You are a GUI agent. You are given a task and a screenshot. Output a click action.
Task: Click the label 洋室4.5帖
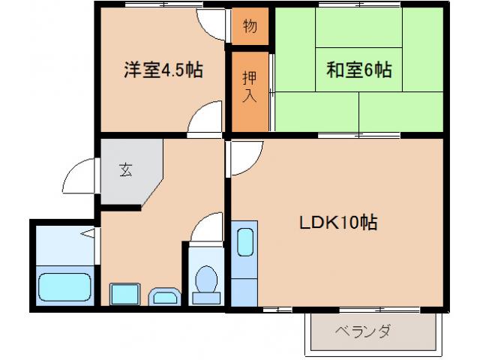(163, 70)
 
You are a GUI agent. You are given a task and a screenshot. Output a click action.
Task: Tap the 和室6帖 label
(358, 70)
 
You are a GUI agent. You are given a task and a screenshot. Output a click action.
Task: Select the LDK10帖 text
(338, 223)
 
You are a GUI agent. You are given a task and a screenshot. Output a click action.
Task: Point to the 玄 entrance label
(124, 169)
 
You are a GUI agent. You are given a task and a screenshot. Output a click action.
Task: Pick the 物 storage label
(250, 27)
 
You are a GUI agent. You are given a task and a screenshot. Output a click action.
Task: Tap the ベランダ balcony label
(363, 331)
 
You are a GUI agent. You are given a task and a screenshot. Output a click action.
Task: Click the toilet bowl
(205, 283)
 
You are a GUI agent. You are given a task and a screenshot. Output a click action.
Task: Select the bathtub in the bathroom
(64, 286)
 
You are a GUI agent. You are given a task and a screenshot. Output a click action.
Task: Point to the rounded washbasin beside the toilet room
(164, 297)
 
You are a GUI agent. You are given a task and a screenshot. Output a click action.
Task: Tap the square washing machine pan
(122, 294)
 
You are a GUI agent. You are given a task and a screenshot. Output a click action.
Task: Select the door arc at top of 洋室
(211, 25)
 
